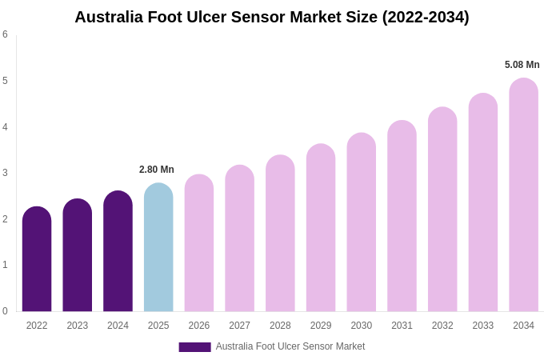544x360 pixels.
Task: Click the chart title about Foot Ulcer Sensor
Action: [272, 17]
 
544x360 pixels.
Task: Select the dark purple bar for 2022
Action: [37, 260]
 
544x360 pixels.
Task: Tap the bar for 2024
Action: [118, 252]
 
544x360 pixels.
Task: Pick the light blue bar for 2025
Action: [158, 248]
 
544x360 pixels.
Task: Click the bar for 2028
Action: [280, 234]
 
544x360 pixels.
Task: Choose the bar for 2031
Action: [402, 216]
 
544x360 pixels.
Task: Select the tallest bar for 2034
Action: [523, 195]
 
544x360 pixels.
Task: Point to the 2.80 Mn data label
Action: [157, 170]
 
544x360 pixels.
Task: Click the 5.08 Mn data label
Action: [522, 65]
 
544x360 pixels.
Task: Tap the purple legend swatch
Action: [194, 347]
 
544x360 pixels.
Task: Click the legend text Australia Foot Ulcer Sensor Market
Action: [290, 346]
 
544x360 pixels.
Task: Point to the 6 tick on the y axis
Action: [5, 34]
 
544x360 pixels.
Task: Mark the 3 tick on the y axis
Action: [5, 173]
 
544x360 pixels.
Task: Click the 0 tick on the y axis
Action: [5, 311]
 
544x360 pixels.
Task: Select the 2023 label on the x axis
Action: [78, 326]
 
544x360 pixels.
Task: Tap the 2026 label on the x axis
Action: [199, 326]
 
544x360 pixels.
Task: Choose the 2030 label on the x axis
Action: [361, 326]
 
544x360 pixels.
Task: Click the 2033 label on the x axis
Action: [482, 326]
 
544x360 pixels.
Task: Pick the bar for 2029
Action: [321, 228]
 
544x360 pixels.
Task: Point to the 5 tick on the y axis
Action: [5, 81]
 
